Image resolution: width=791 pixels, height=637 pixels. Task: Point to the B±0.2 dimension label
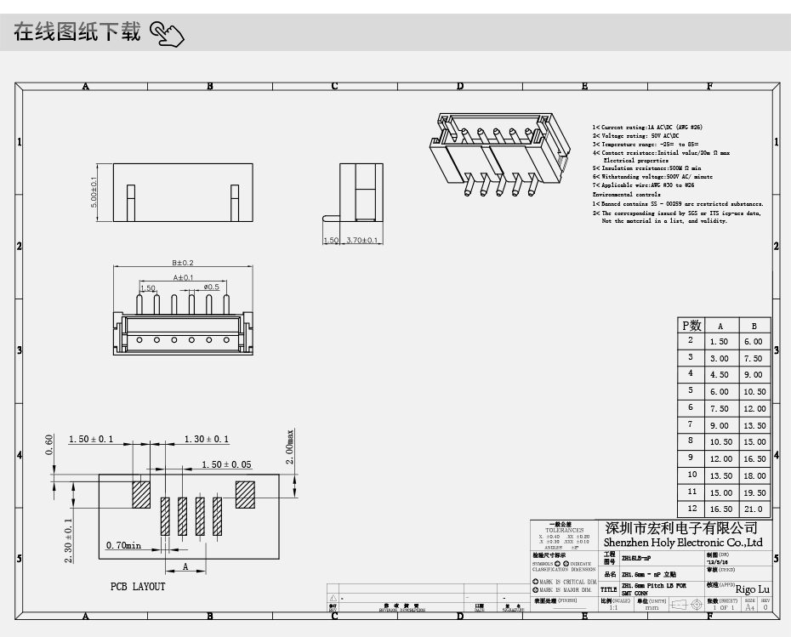[x=183, y=263]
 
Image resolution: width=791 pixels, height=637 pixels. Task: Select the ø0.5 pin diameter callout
[x=212, y=287]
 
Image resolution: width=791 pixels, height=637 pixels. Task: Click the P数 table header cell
[x=691, y=325]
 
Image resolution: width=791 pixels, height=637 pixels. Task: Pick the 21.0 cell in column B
[x=754, y=509]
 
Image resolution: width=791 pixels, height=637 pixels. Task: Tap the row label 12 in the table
[x=691, y=509]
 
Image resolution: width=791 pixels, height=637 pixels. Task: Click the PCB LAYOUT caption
[x=138, y=587]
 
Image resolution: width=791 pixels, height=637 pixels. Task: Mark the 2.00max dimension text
[x=290, y=446]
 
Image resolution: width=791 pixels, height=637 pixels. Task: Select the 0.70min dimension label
[x=123, y=545]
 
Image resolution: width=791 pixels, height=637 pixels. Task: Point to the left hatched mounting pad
[x=140, y=494]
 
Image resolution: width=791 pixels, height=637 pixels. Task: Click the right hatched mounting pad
[x=245, y=494]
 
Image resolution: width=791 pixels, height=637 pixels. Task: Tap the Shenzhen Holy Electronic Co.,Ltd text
[x=683, y=543]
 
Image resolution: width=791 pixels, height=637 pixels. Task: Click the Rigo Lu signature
[x=752, y=589]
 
